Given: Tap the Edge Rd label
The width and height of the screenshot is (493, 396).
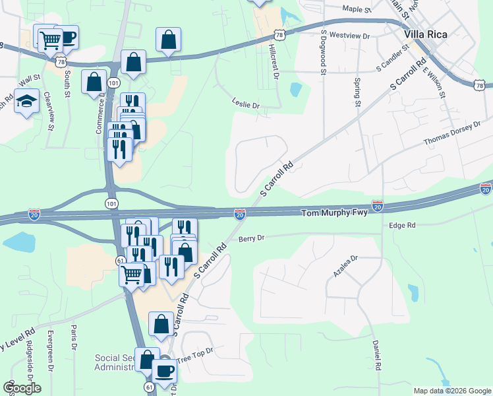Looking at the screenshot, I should (x=402, y=226).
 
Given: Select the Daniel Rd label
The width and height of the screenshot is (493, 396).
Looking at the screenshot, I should (x=376, y=355).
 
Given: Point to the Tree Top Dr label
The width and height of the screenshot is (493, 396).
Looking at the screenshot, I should (x=196, y=353).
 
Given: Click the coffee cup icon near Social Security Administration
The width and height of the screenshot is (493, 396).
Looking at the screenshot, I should (x=164, y=370).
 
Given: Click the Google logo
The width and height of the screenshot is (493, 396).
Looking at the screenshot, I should (x=22, y=387).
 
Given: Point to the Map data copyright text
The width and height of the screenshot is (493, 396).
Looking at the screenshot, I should (x=451, y=391).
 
